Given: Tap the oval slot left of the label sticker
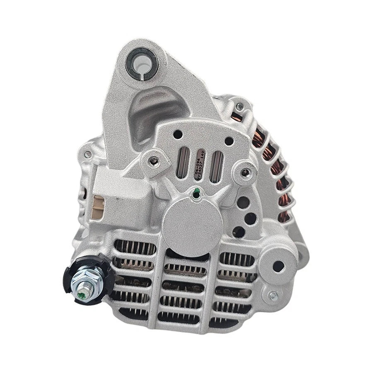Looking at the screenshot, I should click(181, 162).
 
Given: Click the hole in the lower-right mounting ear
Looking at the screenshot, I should click(278, 266).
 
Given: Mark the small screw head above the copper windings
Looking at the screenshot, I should click(240, 107).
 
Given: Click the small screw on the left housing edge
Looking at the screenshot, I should click(87, 154).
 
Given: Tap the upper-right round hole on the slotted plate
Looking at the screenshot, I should click(228, 141).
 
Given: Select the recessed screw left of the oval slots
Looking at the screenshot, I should click(154, 162).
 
